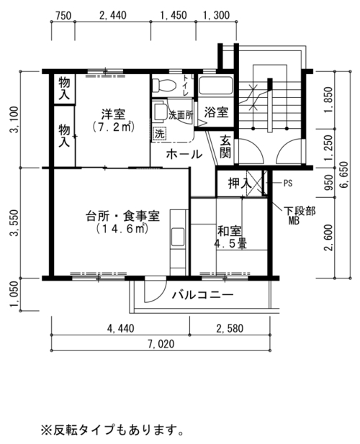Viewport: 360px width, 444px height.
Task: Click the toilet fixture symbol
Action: click(163, 85)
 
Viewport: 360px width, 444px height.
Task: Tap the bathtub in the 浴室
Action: click(216, 86)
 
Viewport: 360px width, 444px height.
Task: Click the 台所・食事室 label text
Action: click(122, 217)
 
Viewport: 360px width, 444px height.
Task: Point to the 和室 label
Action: click(230, 231)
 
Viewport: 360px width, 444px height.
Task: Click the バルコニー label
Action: click(203, 295)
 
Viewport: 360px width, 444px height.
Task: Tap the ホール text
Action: click(184, 155)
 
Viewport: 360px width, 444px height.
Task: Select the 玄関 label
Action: click(226, 147)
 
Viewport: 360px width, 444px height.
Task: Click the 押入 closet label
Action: click(240, 184)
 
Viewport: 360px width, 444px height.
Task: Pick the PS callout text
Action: click(288, 184)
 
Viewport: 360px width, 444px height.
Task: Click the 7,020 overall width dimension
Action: click(161, 344)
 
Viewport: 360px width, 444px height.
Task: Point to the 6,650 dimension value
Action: click(345, 175)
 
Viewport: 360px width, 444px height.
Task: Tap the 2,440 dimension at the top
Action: click(113, 15)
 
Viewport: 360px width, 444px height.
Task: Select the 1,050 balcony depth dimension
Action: click(14, 294)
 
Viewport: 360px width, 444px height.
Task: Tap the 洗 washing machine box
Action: click(160, 134)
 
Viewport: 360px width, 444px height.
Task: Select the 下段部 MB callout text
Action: click(300, 216)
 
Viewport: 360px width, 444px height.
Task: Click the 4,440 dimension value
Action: click(121, 328)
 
